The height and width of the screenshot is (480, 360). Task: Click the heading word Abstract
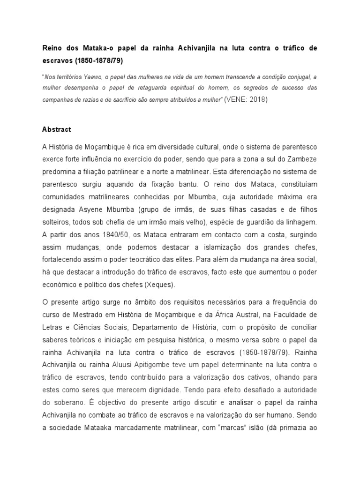coord(57,129)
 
